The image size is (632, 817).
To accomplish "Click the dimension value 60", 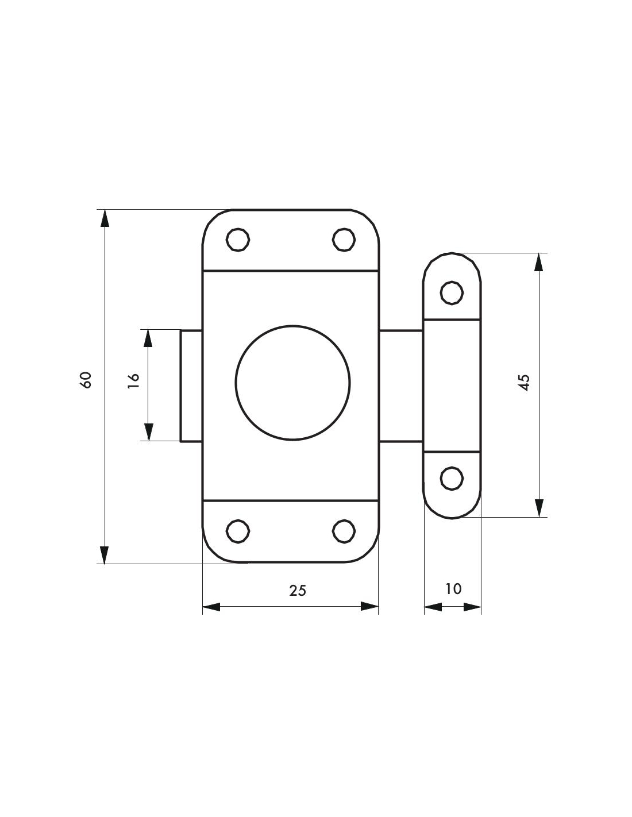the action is [86, 380].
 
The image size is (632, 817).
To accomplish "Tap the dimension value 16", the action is [133, 381].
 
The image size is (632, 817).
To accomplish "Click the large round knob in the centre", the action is [293, 383].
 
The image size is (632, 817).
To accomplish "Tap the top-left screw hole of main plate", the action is [238, 240].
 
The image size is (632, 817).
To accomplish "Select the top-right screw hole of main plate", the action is [344, 240].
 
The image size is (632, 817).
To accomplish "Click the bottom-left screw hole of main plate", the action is [238, 531].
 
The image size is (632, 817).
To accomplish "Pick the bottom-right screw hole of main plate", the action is [344, 531].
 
